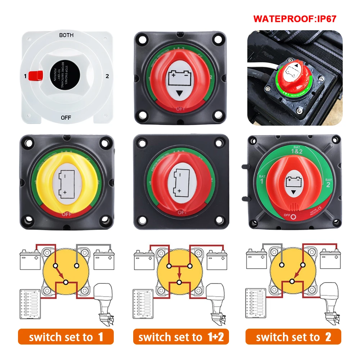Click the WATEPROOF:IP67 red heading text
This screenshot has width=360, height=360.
point(294,19)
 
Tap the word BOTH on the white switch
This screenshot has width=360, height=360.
point(66,35)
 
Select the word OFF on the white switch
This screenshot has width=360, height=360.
point(66,117)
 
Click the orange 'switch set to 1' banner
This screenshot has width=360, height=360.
point(66,337)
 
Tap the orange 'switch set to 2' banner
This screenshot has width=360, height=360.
point(293,337)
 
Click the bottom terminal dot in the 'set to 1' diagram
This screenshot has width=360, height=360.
point(66,282)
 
